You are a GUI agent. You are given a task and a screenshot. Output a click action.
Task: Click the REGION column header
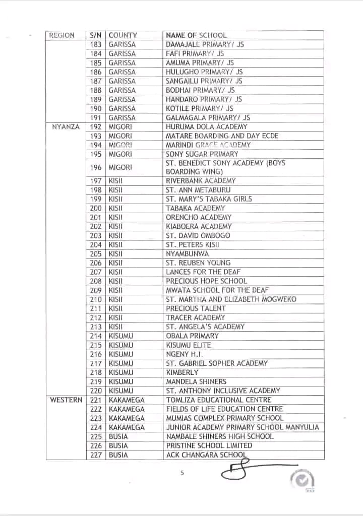[x=62, y=35]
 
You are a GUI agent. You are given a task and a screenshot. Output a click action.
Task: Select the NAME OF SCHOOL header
[x=196, y=35]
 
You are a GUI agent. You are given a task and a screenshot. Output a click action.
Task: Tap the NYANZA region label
[x=66, y=127]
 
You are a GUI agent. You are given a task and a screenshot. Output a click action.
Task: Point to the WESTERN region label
[x=66, y=400]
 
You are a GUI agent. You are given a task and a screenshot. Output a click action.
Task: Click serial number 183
[x=96, y=44]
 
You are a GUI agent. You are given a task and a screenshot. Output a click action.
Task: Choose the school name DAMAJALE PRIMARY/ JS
[x=205, y=44]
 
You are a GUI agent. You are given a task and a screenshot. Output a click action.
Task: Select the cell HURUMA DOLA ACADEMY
[x=207, y=127]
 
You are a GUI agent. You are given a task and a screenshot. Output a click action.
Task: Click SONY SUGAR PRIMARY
[x=202, y=154]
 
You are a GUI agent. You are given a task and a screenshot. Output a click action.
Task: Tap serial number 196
[x=96, y=167]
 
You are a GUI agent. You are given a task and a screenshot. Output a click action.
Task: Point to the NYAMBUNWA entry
[x=187, y=253]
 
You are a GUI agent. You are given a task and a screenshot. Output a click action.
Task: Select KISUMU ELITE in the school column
[x=189, y=345]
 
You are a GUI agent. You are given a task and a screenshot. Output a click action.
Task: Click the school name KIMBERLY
[x=182, y=372]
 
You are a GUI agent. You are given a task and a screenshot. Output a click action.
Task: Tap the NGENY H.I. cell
[x=185, y=354]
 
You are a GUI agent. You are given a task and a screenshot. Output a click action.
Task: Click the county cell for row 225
[x=118, y=436]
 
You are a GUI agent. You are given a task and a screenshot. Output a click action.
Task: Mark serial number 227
[x=96, y=455]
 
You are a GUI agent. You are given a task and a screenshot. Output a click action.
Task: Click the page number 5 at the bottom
[x=183, y=473]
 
